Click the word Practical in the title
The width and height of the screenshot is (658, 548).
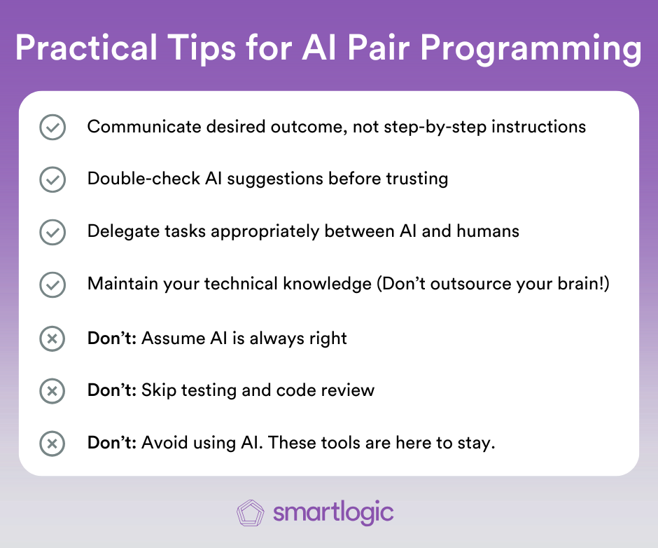(86, 47)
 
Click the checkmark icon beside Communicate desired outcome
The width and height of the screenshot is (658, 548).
(52, 127)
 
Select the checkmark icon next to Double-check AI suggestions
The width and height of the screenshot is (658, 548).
(52, 179)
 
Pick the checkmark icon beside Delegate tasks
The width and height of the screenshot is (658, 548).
(52, 232)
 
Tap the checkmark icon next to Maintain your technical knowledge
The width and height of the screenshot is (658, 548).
(52, 285)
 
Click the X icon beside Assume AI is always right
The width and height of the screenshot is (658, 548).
(52, 338)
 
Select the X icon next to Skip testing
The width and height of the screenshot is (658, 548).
(52, 391)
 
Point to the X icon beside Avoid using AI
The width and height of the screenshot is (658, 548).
(52, 444)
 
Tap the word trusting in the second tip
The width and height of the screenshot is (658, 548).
(417, 179)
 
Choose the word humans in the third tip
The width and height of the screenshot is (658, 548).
(488, 231)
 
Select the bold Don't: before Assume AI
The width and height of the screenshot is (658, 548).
(112, 338)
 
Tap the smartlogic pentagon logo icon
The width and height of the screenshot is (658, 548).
(251, 513)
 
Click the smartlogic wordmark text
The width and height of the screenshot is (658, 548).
(333, 513)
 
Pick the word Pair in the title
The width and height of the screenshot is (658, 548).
(379, 47)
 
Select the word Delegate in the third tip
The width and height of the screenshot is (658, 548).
(123, 231)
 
